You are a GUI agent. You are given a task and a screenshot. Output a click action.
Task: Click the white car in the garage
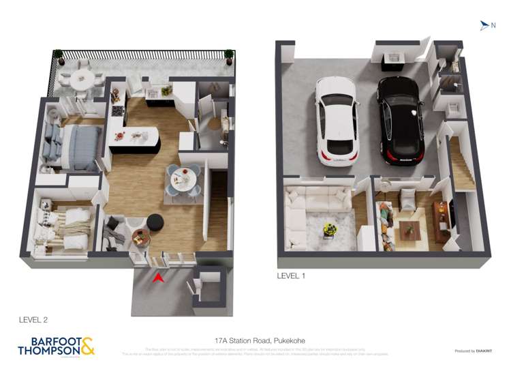coord(337,120)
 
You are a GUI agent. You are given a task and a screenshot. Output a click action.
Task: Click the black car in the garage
coord(401,119)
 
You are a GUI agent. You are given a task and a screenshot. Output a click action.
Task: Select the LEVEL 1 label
coord(291,276)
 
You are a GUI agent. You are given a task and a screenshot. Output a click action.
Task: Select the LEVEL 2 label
coord(33,319)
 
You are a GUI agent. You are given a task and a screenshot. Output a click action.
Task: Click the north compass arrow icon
coord(484,26)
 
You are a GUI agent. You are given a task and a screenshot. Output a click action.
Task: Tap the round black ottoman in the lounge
coord(155,222)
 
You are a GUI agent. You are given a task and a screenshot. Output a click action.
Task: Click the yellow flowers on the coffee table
coord(330,229)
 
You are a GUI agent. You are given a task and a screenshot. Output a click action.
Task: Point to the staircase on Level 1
coord(461,164)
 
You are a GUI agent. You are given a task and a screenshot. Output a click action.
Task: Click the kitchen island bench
coord(134,138)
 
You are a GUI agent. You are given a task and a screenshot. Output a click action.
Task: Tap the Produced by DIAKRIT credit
coord(473,351)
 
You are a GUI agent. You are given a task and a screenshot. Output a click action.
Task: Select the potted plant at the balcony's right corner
coord(228,54)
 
